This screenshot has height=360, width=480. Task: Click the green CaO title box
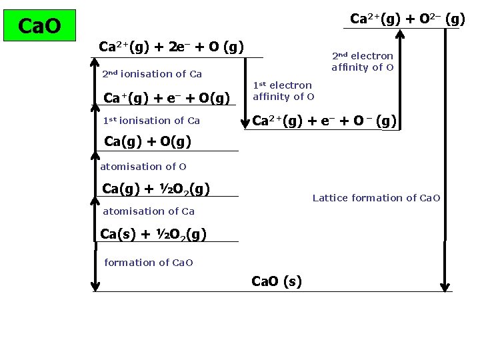pos(40,26)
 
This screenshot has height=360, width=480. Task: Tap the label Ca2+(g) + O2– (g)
pos(407,19)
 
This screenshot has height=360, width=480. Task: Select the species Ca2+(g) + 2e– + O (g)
pos(171,47)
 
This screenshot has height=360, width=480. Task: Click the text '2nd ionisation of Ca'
pos(152,74)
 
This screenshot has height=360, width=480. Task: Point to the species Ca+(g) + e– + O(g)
pos(167,98)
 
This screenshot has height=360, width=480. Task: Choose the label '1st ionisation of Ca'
pos(151,121)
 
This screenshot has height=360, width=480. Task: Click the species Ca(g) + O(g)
pos(148,141)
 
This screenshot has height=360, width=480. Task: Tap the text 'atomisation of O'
pos(143,167)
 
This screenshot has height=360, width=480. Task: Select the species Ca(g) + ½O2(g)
pos(156,189)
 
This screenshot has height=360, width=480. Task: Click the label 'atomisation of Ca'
pos(148,211)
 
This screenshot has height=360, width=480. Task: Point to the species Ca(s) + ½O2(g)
pos(153,234)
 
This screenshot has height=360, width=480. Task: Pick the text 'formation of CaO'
pos(148,263)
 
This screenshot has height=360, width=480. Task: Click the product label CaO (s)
pos(277,281)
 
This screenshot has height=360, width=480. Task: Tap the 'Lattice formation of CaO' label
pos(376,198)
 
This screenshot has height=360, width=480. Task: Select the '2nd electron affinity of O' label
pos(363,61)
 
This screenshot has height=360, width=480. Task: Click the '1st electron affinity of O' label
pos(282,91)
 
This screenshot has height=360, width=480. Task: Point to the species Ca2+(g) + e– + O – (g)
pos(325,121)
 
